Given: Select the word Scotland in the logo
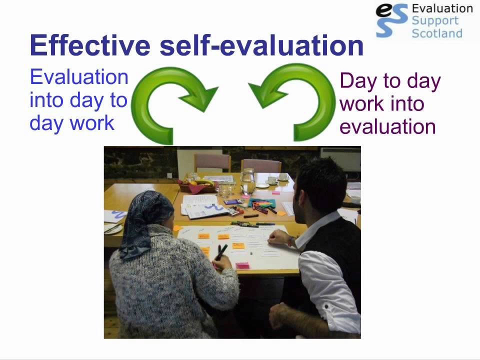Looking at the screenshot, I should point(436,33).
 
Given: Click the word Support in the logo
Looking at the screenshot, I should point(434,21).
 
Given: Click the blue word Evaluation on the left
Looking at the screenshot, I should point(79,77).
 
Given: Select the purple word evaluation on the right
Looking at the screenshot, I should point(387,126).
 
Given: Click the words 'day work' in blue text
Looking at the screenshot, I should point(72,122).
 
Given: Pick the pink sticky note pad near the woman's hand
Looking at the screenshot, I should point(242,265).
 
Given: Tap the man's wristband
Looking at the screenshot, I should point(291,240).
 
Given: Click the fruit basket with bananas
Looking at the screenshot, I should point(197,186).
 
